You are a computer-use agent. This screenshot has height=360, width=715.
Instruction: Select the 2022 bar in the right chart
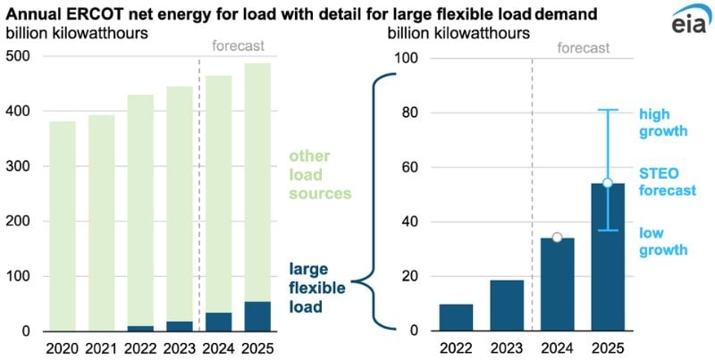456,318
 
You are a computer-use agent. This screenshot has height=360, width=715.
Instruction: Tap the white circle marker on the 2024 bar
557,238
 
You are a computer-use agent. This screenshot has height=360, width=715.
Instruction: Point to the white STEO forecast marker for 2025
607,183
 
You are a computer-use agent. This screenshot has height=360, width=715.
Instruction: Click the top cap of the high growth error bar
607,110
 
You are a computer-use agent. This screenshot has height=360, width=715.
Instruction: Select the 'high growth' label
662,122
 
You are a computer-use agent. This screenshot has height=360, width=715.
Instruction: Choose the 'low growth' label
662,241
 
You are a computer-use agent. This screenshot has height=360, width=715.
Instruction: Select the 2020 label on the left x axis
62,346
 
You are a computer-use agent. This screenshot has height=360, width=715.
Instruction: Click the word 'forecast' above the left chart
235,46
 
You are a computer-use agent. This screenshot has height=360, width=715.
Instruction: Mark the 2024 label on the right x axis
557,346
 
